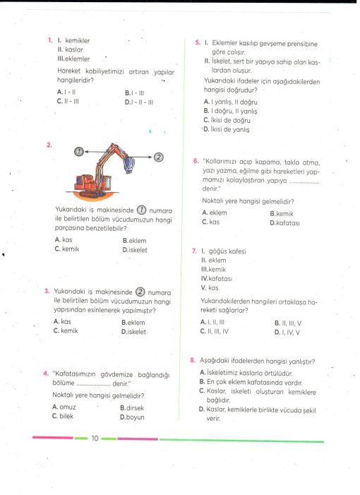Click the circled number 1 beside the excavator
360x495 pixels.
tap(79, 152)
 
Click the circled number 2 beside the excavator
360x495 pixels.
tap(158, 157)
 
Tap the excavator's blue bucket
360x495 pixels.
tap(128, 165)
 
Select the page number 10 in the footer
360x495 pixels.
tap(95, 439)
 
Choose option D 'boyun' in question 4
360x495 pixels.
tap(132, 417)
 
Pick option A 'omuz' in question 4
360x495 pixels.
tap(64, 407)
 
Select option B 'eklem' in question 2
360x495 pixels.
tap(134, 241)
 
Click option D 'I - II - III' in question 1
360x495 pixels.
tap(139, 102)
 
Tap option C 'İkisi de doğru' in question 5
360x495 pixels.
tap(227, 120)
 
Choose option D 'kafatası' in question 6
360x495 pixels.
tap(285, 223)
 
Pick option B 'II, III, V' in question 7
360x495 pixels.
tap(288, 323)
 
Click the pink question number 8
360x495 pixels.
tap(193, 360)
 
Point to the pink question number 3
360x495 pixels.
tap(47, 291)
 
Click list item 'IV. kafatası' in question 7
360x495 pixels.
tap(217, 278)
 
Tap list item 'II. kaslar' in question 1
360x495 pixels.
tap(70, 49)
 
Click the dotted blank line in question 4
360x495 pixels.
tap(93, 385)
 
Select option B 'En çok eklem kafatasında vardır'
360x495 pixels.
tap(251, 382)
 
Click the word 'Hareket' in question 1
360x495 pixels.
tap(68, 71)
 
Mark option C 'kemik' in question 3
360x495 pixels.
tap(66, 330)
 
